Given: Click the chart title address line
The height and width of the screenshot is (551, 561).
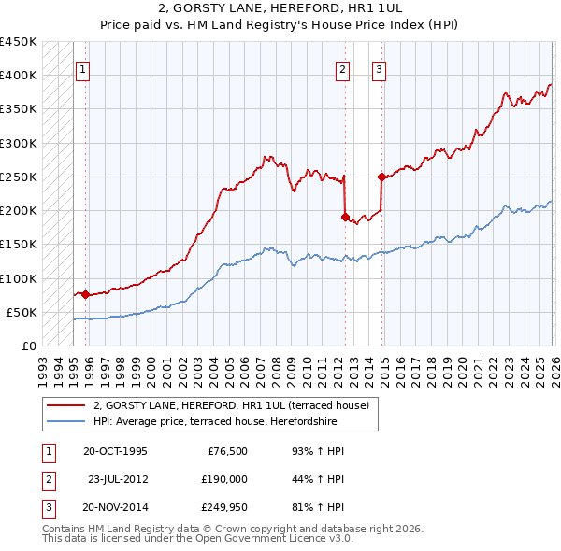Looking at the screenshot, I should tap(280, 8).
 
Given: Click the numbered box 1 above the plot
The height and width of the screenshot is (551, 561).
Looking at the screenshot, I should tap(82, 68).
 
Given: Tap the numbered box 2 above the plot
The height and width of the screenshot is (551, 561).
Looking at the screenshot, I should tap(343, 68).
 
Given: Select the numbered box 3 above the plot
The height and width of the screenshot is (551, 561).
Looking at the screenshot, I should tap(379, 68).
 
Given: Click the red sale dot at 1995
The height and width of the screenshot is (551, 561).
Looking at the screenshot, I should tap(85, 294).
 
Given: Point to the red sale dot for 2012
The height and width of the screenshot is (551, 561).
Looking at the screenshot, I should tap(345, 218).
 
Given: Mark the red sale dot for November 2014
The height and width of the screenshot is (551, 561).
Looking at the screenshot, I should tap(381, 177).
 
